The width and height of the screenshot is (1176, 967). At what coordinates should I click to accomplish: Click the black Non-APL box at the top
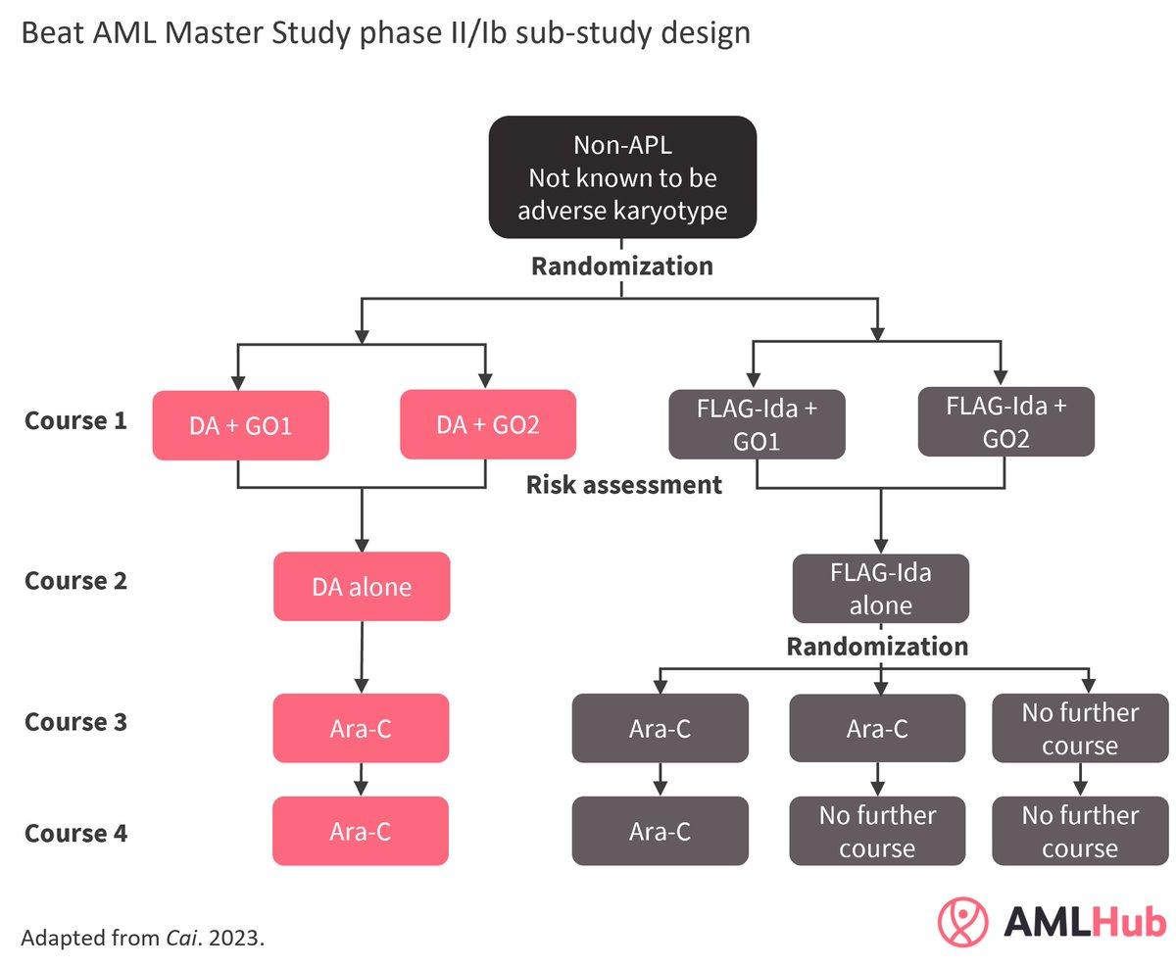[x=622, y=177]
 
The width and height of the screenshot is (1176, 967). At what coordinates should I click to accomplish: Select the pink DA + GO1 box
[x=240, y=425]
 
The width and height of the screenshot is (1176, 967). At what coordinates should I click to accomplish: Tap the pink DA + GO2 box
[x=488, y=424]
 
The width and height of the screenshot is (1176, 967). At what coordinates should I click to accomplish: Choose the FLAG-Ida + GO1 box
[x=757, y=424]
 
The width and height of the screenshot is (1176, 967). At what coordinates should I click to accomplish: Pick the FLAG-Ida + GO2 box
[x=1005, y=421]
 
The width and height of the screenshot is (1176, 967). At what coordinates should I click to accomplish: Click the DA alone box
[x=362, y=586]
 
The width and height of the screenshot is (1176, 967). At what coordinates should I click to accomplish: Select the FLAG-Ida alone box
[x=880, y=588]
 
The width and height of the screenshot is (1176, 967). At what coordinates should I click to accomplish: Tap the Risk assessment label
[x=624, y=485]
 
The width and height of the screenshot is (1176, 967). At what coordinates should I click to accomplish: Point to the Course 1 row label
[x=75, y=421]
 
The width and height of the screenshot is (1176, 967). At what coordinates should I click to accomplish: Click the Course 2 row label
[x=75, y=581]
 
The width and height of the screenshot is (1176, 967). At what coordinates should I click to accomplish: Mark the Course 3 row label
[x=75, y=722]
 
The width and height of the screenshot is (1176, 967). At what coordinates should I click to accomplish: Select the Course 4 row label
[x=75, y=833]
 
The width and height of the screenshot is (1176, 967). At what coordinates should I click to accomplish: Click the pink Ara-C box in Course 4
[x=361, y=831]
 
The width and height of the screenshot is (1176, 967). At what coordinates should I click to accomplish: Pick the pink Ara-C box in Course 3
[x=361, y=728]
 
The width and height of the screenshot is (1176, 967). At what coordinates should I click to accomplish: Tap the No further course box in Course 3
[x=1080, y=728]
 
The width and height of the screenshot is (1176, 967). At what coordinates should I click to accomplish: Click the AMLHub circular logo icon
[x=963, y=921]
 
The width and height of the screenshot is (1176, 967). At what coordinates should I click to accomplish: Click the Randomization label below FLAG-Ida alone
[x=877, y=647]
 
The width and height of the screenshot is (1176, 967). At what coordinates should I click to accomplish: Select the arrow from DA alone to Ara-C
[x=362, y=657]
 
